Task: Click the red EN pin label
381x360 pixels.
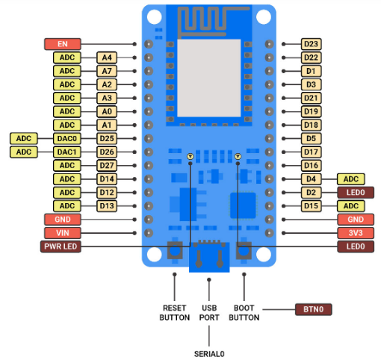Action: [63, 44]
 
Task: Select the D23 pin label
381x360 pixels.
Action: [311, 44]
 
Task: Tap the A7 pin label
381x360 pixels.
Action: [107, 71]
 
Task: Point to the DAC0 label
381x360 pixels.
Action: [67, 138]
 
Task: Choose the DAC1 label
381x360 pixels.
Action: [67, 152]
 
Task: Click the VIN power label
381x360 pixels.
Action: [63, 233]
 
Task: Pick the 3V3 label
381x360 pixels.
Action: [356, 233]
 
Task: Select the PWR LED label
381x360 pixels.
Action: [61, 246]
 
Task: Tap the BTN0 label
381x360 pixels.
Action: [314, 309]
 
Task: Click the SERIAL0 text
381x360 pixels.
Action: [209, 354]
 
